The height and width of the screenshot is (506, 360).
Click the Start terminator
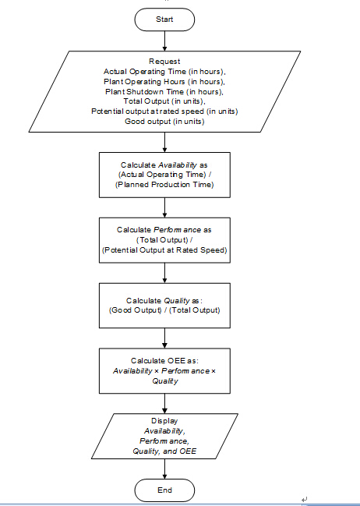(x=164, y=19)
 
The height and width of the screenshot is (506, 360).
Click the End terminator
(x=164, y=490)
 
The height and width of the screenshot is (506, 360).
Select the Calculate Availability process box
(x=164, y=175)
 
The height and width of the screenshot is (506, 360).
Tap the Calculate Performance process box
(x=164, y=240)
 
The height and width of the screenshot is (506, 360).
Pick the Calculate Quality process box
(x=164, y=306)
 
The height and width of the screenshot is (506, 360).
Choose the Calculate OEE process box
(x=164, y=371)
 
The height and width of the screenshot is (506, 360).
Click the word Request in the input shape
(x=164, y=61)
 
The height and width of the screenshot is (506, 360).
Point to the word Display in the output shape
(x=164, y=421)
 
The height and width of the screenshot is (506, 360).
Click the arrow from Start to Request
(x=164, y=41)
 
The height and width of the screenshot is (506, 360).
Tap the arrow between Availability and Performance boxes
(x=164, y=207)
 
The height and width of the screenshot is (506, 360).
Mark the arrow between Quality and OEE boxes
(x=164, y=338)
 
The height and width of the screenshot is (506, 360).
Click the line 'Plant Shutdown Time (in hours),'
(x=164, y=91)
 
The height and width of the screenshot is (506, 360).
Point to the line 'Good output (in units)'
(x=164, y=122)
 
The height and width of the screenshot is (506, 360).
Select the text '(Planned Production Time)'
(x=164, y=185)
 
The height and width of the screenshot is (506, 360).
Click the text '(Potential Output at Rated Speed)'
(x=164, y=250)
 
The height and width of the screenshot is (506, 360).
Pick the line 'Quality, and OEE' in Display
(x=164, y=451)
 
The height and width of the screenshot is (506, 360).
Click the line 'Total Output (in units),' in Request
(x=164, y=101)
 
